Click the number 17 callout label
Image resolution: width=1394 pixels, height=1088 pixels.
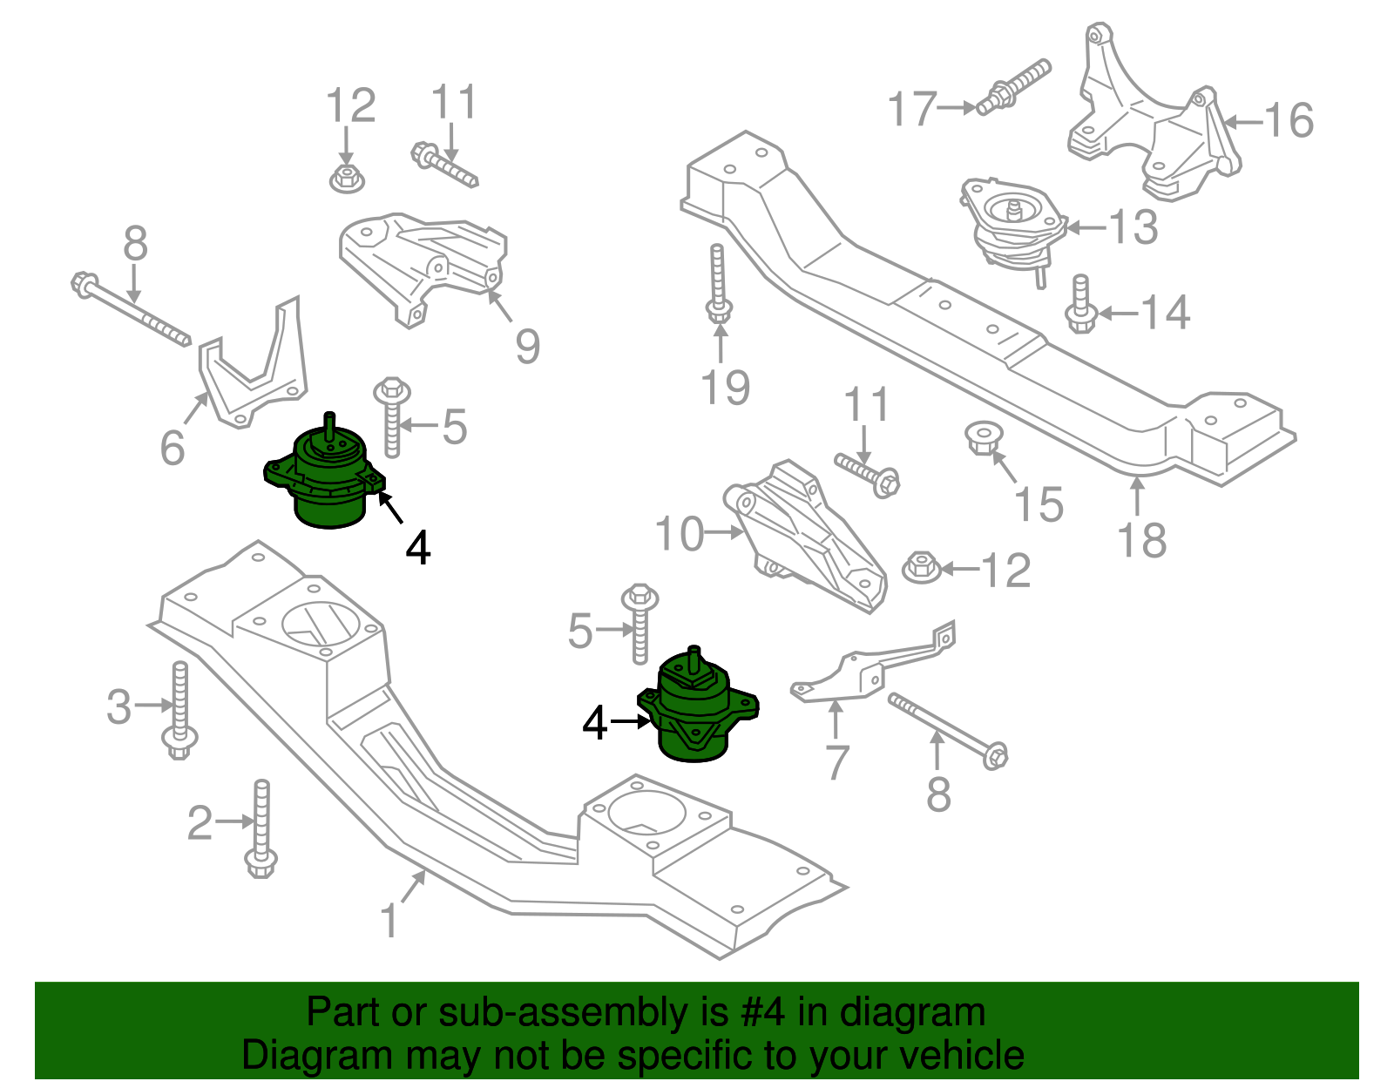point(911,109)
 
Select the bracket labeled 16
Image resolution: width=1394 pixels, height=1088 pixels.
point(1150,122)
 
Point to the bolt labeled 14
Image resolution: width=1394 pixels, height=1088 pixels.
point(1080,305)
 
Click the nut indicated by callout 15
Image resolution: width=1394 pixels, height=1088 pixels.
point(984,437)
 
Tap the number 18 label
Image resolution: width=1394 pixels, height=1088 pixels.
point(1141,540)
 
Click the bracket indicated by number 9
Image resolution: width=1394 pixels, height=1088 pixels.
point(418,261)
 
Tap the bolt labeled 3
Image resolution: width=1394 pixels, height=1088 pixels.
point(179,710)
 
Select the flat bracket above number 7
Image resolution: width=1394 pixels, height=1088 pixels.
point(871,666)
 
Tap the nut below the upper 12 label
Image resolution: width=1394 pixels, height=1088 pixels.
point(347,179)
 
